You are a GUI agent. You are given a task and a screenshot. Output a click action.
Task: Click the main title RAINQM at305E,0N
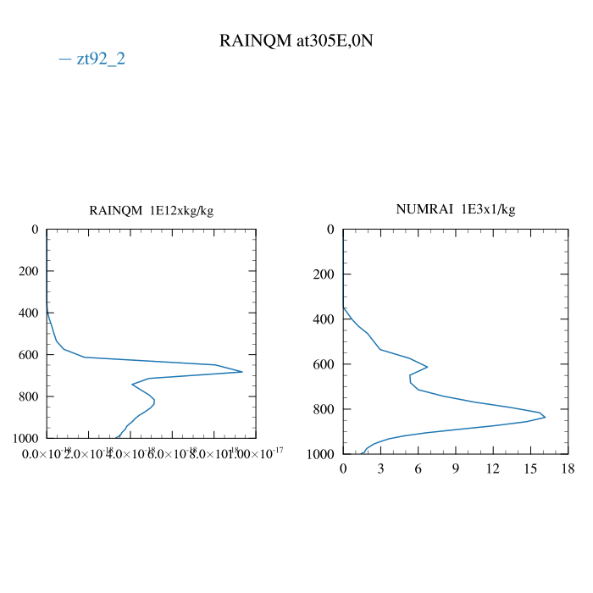click(296, 41)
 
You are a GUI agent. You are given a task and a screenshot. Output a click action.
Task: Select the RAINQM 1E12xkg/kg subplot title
click(152, 210)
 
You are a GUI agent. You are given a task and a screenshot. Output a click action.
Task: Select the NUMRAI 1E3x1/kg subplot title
click(456, 208)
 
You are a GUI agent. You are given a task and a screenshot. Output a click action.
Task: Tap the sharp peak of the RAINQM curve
click(242, 372)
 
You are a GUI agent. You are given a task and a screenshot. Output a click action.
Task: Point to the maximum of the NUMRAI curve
click(545, 417)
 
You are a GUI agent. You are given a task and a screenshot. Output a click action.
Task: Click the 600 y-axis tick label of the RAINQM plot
click(28, 355)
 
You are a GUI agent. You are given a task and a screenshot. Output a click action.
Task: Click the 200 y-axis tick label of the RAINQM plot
click(28, 271)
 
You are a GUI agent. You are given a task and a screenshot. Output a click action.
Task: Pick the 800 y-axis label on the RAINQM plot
click(28, 396)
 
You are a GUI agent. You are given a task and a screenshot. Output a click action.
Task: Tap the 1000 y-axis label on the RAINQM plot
click(25, 438)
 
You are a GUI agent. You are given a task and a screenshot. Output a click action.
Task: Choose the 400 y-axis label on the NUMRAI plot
click(324, 319)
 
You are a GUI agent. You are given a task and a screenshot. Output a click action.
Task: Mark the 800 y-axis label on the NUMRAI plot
click(324, 409)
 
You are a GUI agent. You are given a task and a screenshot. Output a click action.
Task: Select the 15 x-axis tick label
click(530, 468)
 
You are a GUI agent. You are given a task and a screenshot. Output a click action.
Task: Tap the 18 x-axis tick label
click(568, 468)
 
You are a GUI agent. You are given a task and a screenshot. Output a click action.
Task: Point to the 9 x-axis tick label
click(456, 468)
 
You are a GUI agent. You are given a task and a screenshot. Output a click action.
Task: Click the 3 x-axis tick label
click(380, 468)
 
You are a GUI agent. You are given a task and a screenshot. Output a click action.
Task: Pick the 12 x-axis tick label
click(493, 468)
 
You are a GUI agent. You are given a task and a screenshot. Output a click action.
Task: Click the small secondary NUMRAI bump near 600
click(427, 367)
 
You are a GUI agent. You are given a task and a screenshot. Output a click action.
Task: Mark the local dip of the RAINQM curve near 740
click(132, 384)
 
